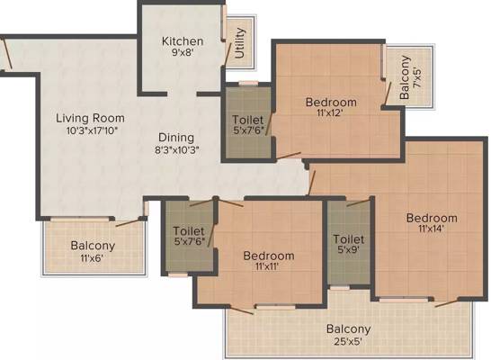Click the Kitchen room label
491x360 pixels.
point(183,41)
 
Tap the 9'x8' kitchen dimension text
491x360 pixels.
point(183,52)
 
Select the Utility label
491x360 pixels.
point(239,43)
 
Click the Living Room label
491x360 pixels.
point(90,118)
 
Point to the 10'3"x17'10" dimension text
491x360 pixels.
point(92,130)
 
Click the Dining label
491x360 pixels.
point(176,138)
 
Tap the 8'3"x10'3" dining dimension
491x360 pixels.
point(177,149)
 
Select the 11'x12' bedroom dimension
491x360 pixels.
point(330,112)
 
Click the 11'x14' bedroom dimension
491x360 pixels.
point(431,229)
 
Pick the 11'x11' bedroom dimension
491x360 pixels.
point(267,266)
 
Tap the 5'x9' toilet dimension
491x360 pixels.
point(348,249)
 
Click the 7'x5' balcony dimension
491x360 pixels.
point(416,78)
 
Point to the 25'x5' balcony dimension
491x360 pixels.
point(348,341)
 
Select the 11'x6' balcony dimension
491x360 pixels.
point(92,258)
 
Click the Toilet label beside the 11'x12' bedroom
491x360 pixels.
point(247,120)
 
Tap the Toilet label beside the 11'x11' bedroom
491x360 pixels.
point(189,231)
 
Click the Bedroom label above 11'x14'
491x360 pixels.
point(432,218)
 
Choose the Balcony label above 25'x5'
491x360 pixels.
point(348,329)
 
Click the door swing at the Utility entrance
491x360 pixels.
point(228,54)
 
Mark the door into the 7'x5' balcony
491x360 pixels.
point(388,93)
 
